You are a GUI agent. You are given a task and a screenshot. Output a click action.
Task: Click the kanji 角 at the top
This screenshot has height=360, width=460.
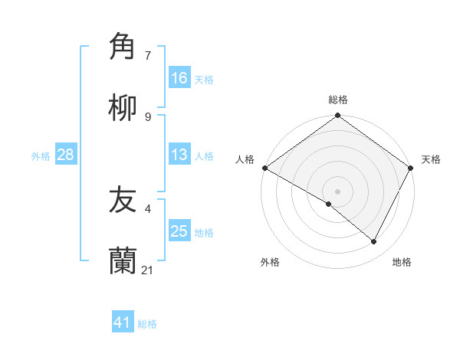[123, 47]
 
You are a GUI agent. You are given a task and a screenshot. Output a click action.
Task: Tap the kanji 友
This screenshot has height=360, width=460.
[123, 201]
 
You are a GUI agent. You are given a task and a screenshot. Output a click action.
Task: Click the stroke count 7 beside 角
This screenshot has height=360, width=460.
[148, 55]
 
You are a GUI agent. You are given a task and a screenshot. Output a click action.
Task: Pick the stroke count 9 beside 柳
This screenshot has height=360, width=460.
[148, 116]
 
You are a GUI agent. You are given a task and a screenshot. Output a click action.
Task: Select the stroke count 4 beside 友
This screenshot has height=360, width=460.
[148, 208]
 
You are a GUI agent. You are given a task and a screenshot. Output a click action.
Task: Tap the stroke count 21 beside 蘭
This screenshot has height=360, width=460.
[149, 270]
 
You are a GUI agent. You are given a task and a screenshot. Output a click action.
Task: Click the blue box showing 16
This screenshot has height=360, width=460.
[179, 78]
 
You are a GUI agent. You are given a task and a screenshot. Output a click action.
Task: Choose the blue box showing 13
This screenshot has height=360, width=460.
[179, 155]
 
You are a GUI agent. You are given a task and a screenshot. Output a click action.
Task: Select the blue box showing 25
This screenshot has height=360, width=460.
[179, 231]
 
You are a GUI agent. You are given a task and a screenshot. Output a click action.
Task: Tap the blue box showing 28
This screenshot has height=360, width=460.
[66, 155]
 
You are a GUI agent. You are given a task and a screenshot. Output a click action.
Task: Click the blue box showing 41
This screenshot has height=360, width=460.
[123, 322]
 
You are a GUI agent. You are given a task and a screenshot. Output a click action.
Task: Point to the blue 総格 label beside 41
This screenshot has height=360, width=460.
[147, 324]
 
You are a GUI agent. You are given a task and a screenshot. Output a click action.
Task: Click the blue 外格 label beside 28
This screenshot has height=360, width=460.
[41, 155]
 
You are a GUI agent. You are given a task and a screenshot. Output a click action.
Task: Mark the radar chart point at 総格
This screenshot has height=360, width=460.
[337, 116]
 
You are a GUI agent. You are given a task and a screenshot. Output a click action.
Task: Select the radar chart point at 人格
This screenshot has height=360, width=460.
[264, 168]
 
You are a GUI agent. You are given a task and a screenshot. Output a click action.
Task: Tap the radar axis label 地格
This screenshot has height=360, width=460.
[402, 262]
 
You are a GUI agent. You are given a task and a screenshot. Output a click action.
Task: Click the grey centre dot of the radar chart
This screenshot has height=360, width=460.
[337, 191]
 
